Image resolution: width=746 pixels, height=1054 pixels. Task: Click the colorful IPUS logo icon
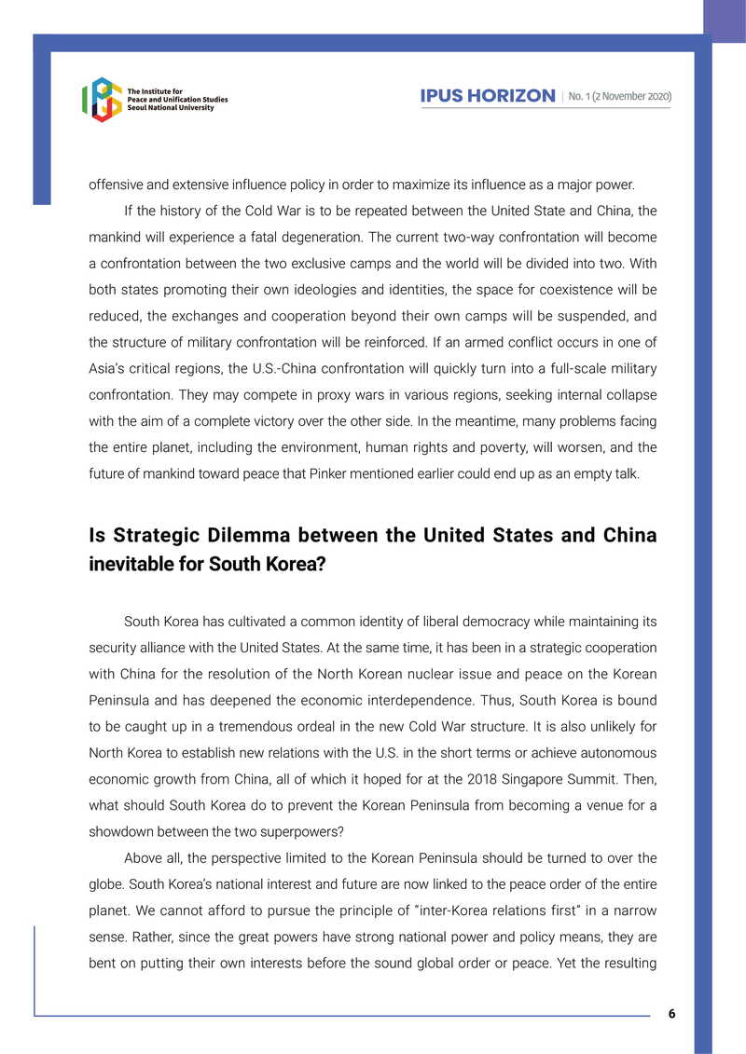click(102, 100)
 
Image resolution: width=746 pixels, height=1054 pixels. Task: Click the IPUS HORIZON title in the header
click(488, 96)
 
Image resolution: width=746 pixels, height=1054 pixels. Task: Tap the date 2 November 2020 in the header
click(629, 96)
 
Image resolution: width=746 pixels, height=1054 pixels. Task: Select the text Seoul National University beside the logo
click(171, 108)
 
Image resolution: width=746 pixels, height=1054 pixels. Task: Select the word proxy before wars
click(286, 394)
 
